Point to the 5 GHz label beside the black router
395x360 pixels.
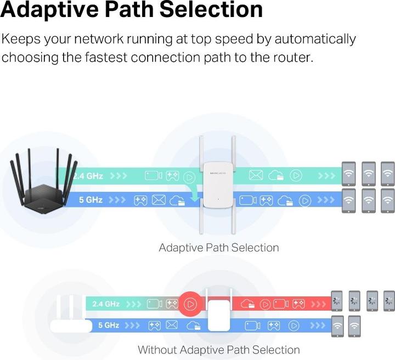[x=91, y=200]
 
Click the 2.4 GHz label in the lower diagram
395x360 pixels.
[x=106, y=304]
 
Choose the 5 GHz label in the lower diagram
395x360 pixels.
[x=109, y=325]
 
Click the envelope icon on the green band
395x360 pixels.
[x=256, y=176]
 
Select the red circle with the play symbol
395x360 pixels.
[x=191, y=303]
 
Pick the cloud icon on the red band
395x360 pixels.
[x=247, y=303]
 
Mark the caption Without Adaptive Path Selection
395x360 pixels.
[x=218, y=350]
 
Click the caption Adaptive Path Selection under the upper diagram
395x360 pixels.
[x=218, y=248]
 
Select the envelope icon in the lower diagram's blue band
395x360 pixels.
[x=172, y=325]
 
